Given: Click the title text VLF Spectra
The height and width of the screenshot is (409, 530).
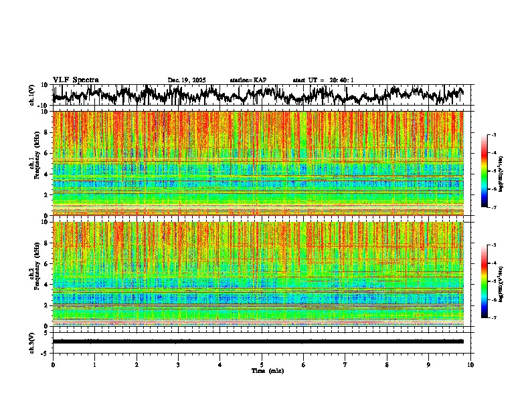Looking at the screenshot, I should tap(76, 80).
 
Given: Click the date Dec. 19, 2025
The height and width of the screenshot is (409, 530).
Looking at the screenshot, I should tap(187, 80).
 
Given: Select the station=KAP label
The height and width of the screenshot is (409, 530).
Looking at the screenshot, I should tap(248, 80).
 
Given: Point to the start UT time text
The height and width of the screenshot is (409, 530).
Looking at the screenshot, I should tap(323, 80).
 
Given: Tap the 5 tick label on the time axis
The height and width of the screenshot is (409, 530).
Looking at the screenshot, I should tap(262, 364).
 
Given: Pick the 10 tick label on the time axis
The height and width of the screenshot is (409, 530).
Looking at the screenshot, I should tap(470, 364).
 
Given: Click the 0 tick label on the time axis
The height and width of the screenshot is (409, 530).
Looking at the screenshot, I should tap(53, 364).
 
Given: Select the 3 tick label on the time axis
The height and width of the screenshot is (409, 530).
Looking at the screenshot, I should tap(178, 364).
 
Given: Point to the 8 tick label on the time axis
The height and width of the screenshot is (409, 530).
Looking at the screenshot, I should tap(387, 364).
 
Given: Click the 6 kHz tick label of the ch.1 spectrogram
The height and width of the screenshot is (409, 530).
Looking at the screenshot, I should tap(46, 153).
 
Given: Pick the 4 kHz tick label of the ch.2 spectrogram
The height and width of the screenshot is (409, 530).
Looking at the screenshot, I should tap(46, 285).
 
